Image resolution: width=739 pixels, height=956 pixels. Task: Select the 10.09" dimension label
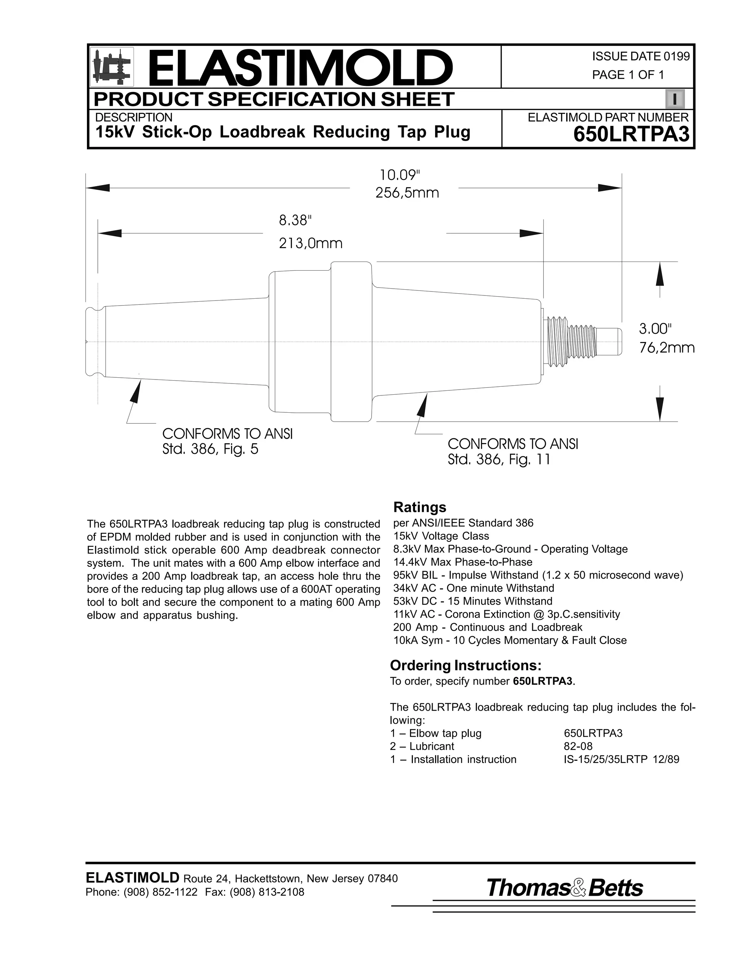tap(399, 175)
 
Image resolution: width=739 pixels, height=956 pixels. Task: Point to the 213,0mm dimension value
tap(311, 243)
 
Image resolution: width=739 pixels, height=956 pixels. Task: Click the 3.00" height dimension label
tap(655, 328)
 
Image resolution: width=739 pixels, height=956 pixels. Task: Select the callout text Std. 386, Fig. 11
tap(499, 460)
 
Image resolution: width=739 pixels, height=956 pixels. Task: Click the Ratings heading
tap(419, 507)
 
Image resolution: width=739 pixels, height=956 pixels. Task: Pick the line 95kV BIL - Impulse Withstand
tap(538, 575)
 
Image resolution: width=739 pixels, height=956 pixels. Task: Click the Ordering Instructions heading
tap(465, 665)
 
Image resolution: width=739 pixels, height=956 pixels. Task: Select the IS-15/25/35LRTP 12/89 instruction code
tap(621, 759)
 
